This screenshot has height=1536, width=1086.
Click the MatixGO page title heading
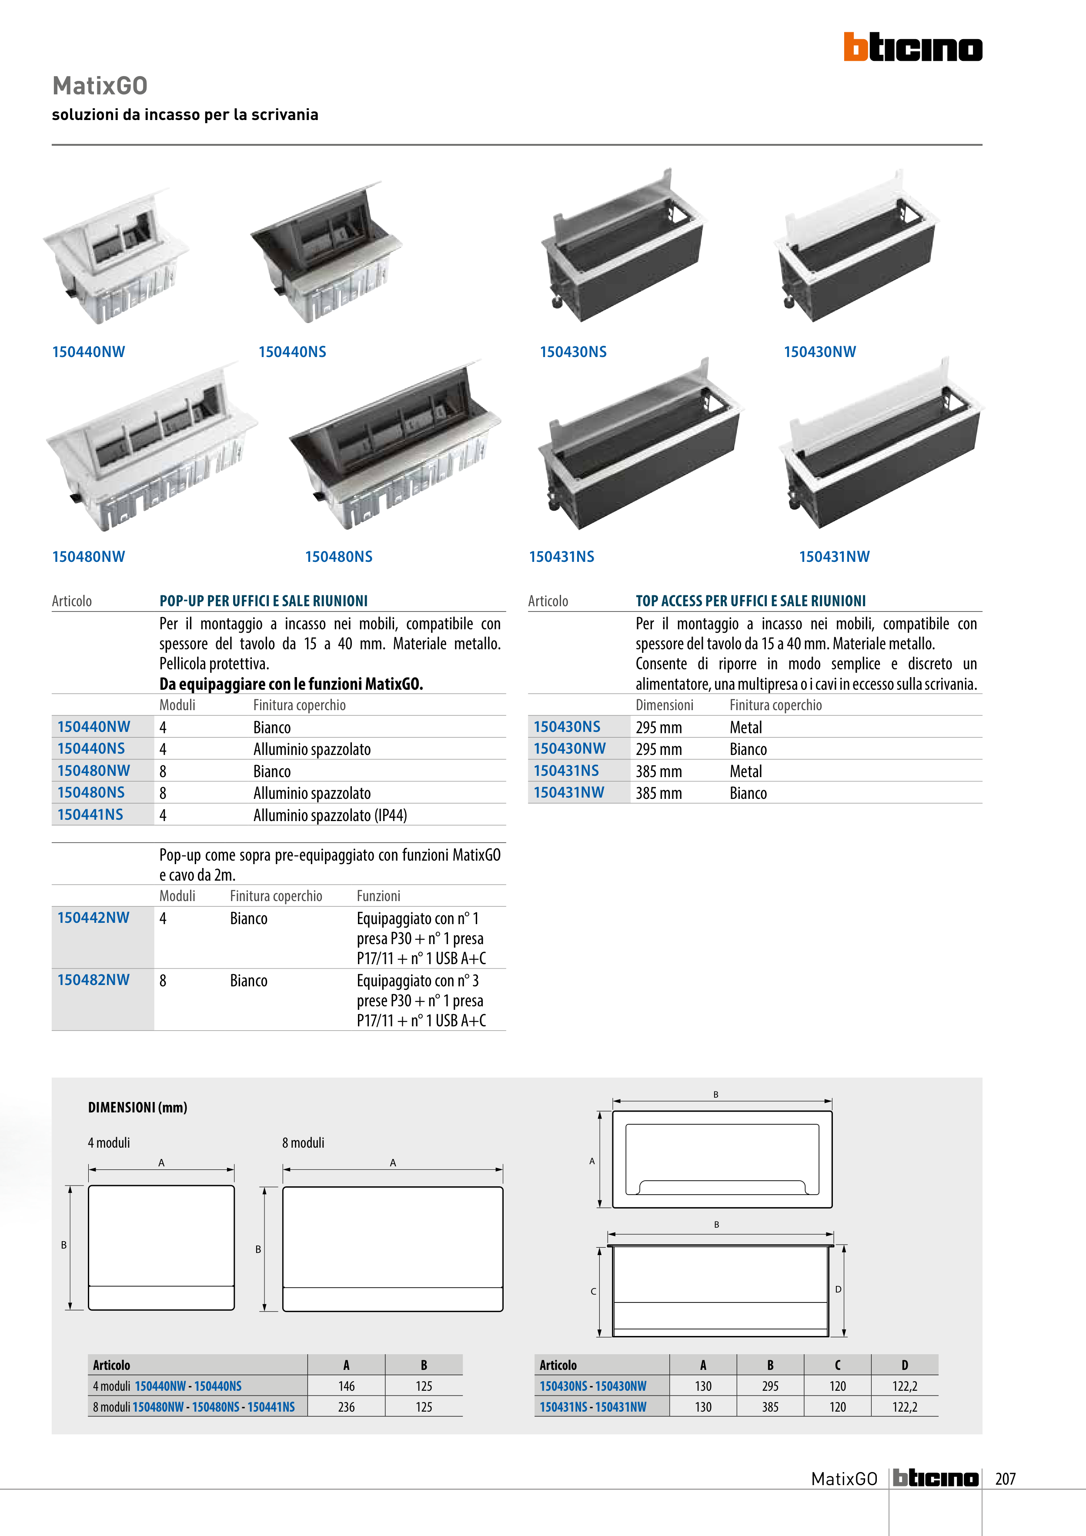coord(100,86)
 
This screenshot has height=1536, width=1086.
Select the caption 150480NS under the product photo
coord(338,557)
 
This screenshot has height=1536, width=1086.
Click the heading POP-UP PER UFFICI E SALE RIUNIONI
coord(264,601)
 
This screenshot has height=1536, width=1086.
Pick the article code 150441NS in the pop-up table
coord(90,815)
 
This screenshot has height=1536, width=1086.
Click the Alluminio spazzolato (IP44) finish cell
coord(330,815)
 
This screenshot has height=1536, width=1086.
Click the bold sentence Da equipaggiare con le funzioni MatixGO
coord(291,684)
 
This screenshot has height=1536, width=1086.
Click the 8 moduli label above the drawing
coord(303,1142)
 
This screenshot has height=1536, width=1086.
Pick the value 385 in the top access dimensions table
coord(770,1407)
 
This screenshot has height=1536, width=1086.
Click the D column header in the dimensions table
coord(905,1365)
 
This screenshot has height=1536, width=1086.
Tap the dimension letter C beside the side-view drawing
coord(593,1291)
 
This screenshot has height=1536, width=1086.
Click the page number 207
coord(1005,1479)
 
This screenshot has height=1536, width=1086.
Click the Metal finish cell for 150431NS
coord(746,771)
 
